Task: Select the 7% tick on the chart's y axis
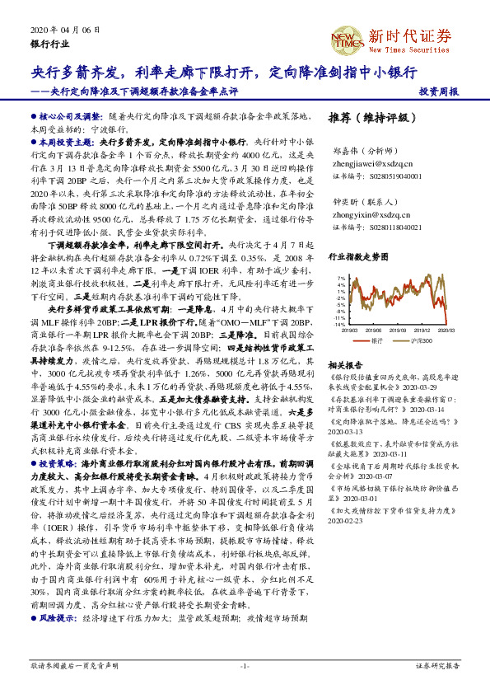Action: point(340,279)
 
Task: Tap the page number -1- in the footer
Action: point(245,664)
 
